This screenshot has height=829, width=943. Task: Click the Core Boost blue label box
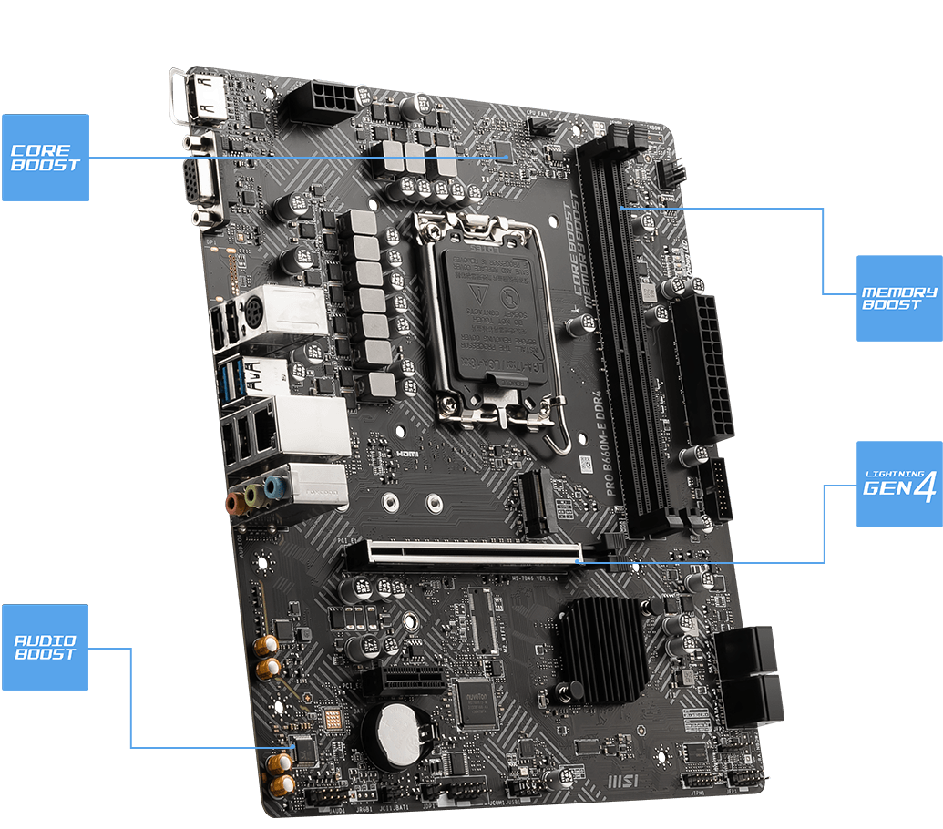click(x=46, y=157)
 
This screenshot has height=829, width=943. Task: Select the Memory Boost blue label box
click(x=899, y=298)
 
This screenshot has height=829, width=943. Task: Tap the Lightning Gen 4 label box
click(x=899, y=485)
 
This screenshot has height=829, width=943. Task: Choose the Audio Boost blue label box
click(x=46, y=647)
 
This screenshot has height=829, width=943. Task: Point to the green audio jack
click(x=256, y=495)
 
